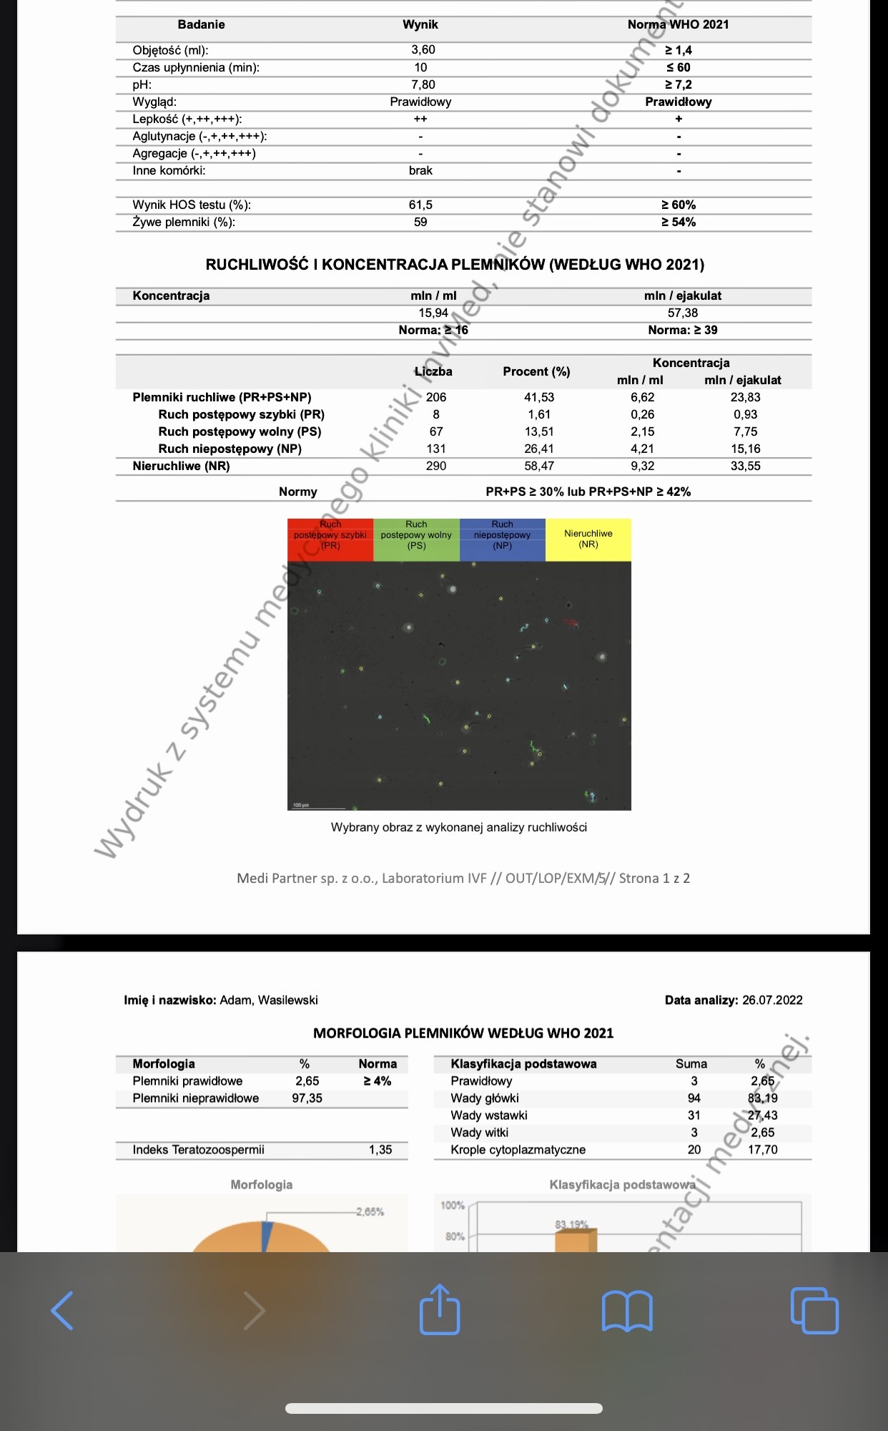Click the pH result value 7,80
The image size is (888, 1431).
click(x=423, y=84)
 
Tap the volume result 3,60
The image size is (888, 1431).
click(x=423, y=50)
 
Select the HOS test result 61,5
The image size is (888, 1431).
click(x=420, y=205)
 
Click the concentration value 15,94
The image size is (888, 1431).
click(x=433, y=313)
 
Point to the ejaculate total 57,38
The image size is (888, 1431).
click(x=683, y=313)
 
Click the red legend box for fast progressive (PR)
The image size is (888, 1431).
click(x=330, y=539)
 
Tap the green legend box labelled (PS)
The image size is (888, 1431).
click(x=416, y=539)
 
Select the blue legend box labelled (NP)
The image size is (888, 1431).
click(x=502, y=539)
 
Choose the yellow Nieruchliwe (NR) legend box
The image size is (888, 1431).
click(x=588, y=539)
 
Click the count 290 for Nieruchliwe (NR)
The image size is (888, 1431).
click(x=436, y=466)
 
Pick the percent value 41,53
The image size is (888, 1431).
click(x=539, y=397)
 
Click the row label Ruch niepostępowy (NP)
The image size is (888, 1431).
click(x=230, y=449)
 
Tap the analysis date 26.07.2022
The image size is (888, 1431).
click(x=772, y=1000)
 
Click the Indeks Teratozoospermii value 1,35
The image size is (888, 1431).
click(x=380, y=1150)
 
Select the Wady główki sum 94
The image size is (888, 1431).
click(x=694, y=1098)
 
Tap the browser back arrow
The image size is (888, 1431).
click(x=62, y=1311)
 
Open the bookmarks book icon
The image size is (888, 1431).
click(x=627, y=1311)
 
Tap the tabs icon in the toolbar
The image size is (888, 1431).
click(x=814, y=1311)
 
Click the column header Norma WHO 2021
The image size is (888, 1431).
click(x=678, y=24)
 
